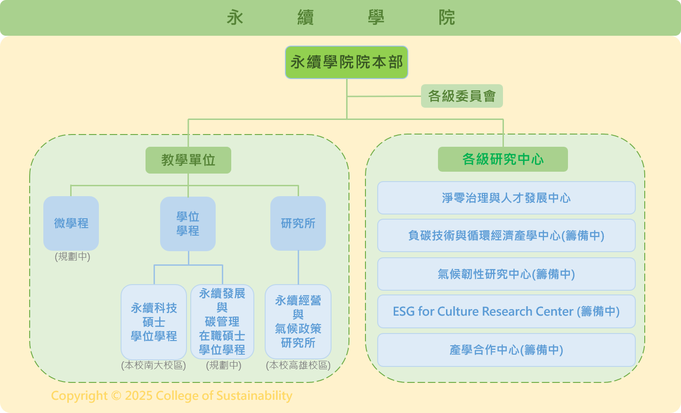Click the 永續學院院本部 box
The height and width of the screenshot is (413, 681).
click(346, 62)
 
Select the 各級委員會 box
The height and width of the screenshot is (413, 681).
click(462, 96)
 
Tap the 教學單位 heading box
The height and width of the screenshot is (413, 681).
click(188, 160)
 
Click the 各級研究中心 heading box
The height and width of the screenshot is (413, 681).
click(503, 159)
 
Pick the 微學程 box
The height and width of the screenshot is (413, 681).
click(71, 223)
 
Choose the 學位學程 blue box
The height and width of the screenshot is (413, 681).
click(188, 223)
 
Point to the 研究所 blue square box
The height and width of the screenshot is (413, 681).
click(298, 223)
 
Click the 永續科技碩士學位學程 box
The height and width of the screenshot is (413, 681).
click(154, 322)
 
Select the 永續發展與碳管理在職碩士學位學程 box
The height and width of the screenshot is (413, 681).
click(222, 322)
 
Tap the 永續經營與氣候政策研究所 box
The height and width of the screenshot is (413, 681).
click(298, 322)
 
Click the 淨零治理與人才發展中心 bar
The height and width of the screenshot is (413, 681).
click(506, 198)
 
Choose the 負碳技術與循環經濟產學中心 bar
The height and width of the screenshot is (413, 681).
click(506, 236)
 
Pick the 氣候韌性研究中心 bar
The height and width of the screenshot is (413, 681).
click(506, 274)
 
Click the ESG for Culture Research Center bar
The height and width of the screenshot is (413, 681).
click(506, 311)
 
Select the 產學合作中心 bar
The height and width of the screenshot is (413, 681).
click(506, 350)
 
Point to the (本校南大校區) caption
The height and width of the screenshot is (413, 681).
click(154, 365)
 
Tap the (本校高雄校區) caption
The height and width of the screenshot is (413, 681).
click(298, 365)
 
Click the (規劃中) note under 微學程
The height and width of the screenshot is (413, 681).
click(73, 257)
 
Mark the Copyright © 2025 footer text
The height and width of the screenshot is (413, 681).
click(171, 396)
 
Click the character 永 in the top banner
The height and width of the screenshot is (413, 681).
click(235, 18)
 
